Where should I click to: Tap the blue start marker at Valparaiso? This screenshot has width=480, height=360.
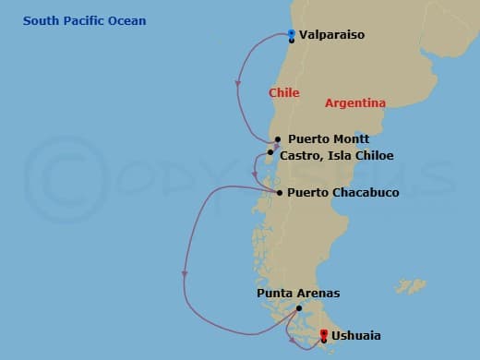coord(292,34)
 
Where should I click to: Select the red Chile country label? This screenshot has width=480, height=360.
coord(284,92)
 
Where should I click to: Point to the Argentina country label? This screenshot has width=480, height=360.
coord(355,102)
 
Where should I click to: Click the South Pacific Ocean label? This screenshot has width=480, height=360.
coord(85,21)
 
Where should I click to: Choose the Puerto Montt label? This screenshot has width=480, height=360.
coord(322,139)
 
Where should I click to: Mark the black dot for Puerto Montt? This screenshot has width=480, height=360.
coord(277,140)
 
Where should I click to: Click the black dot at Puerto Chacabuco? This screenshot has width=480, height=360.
coord(279,192)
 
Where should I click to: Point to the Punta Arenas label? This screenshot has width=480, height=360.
coord(298,294)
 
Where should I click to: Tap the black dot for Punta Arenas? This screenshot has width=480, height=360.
coord(298,307)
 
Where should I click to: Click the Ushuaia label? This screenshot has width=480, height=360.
coord(355,336)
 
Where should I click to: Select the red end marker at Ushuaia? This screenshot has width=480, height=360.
coord(323,333)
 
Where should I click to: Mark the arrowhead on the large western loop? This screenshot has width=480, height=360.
coord(185,273)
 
